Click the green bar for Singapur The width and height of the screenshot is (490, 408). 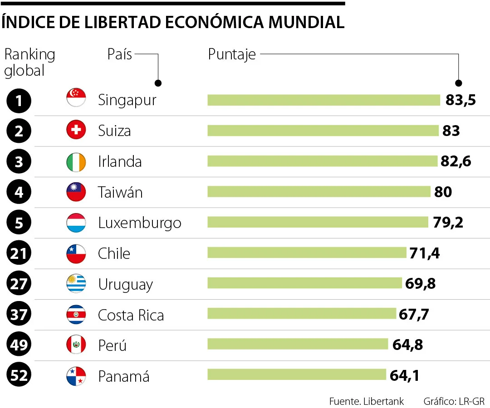point(324,100)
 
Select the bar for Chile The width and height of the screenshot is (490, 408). point(307,253)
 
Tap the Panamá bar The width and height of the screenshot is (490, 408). point(297,374)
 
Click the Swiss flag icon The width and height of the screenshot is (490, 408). point(76,130)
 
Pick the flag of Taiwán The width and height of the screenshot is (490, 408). point(76,192)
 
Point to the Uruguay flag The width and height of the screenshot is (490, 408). point(76,283)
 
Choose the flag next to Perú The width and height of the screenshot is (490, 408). point(76,345)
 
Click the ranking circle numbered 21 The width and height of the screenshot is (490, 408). point(19,253)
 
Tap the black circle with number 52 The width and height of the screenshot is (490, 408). point(19,375)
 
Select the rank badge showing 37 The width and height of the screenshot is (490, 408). point(19,314)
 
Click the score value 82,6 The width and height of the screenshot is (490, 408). point(456,161)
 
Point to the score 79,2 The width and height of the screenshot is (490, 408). point(448,223)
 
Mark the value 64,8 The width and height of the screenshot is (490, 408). point(407,345)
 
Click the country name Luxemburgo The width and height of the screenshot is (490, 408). point(140,223)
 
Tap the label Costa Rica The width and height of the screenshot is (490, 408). point(131,315)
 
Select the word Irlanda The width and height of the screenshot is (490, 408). point(120,162)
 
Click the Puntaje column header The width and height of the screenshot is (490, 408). point(232,55)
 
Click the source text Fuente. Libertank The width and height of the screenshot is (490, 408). point(367,401)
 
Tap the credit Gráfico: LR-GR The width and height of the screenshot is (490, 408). point(454,401)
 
